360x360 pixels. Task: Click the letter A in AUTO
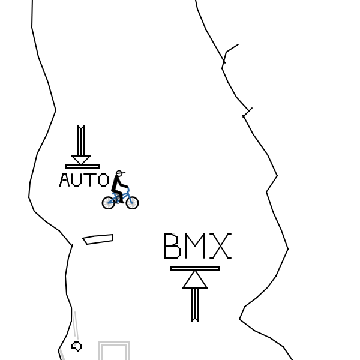pyautogui.click(x=65, y=180)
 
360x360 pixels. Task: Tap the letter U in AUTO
pyautogui.click(x=79, y=180)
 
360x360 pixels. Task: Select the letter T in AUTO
pyautogui.click(x=91, y=180)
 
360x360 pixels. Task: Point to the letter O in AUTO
pyautogui.click(x=103, y=180)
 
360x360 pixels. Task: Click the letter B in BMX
pyautogui.click(x=172, y=246)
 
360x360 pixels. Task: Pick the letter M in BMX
pyautogui.click(x=195, y=246)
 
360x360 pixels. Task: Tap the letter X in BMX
pyautogui.click(x=221, y=246)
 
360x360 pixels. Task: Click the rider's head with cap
pyautogui.click(x=119, y=173)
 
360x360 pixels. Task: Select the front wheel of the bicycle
pyautogui.click(x=132, y=203)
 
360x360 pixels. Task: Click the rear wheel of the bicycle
pyautogui.click(x=109, y=203)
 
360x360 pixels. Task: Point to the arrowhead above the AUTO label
pyautogui.click(x=81, y=160)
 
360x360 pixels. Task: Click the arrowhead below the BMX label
pyautogui.click(x=195, y=280)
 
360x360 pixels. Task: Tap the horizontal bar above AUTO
pyautogui.click(x=82, y=166)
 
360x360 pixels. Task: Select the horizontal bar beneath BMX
pyautogui.click(x=195, y=268)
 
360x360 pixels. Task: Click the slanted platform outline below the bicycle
pyautogui.click(x=98, y=239)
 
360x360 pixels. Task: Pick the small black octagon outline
pyautogui.click(x=76, y=346)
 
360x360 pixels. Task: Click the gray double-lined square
pyautogui.click(x=114, y=352)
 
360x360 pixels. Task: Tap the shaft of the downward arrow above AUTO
pyautogui.click(x=81, y=142)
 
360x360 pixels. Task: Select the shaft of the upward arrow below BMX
pyautogui.click(x=195, y=304)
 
